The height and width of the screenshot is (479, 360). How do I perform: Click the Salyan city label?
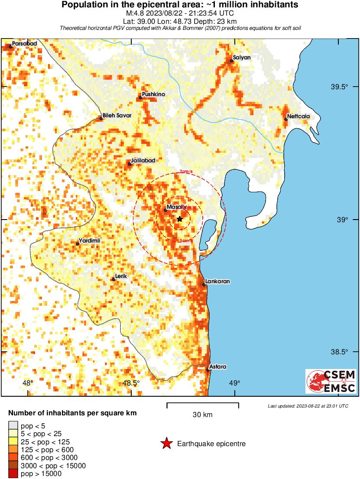(242, 57)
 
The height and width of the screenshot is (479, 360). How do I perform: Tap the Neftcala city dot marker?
(286, 119)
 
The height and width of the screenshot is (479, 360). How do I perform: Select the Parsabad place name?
(24, 44)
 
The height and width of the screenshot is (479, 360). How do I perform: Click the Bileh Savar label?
(117, 115)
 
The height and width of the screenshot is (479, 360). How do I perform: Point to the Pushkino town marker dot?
(140, 98)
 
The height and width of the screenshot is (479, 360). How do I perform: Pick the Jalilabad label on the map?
(143, 161)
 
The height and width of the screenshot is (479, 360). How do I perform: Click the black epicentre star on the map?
(180, 219)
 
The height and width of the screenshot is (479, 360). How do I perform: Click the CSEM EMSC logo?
(331, 381)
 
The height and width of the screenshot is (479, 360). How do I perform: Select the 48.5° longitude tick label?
(131, 383)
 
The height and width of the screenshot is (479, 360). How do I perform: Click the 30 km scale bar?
(203, 405)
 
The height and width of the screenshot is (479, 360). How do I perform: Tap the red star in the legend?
(166, 443)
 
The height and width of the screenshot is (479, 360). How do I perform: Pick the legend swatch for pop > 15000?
(13, 474)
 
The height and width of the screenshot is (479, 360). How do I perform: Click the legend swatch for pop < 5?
(13, 426)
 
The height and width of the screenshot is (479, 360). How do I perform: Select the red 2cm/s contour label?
(187, 172)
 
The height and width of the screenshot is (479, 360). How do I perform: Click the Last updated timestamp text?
(308, 406)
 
